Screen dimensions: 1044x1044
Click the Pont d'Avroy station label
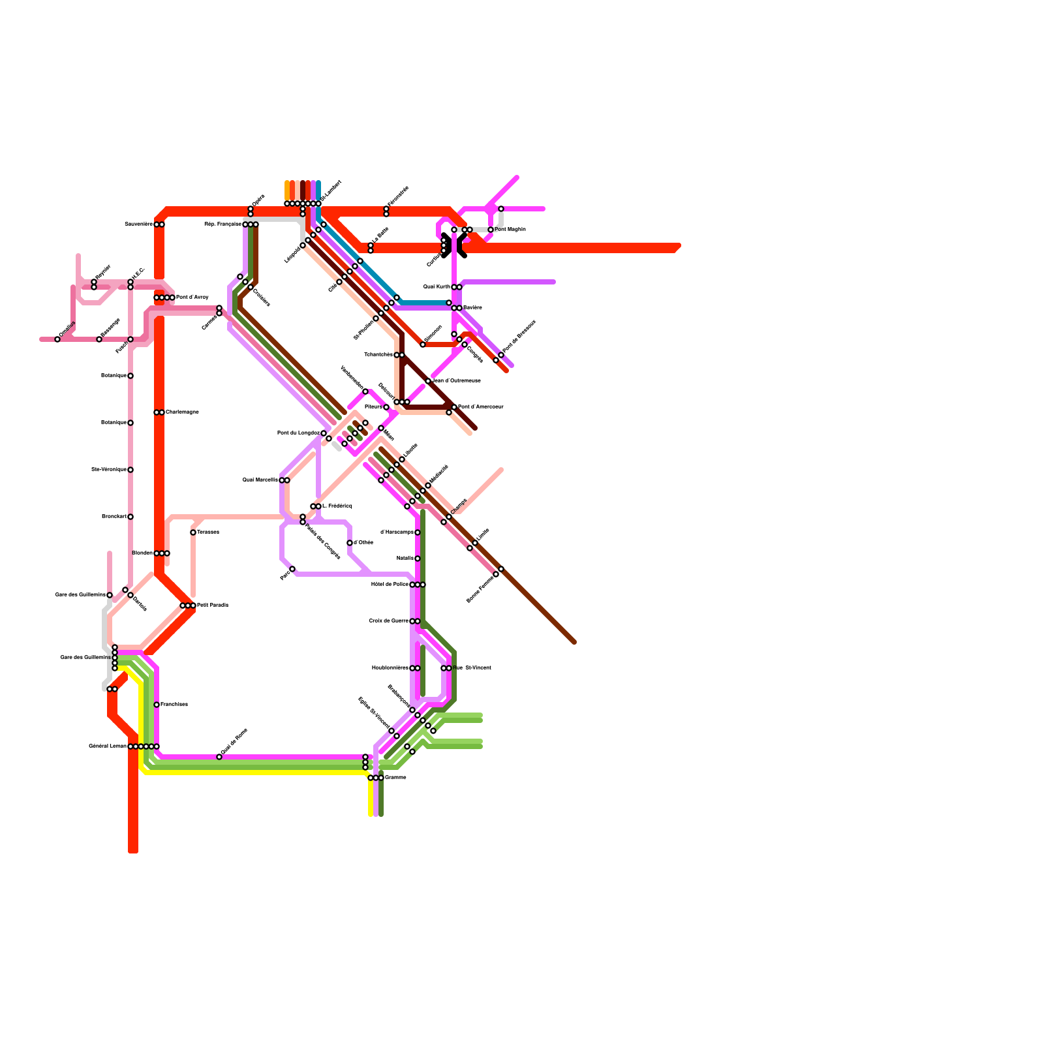tap(192, 298)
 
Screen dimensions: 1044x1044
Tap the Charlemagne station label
tap(182, 412)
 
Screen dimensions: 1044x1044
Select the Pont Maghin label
tap(510, 230)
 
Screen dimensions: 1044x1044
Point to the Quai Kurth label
tap(437, 287)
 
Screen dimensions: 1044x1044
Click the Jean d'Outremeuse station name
tap(457, 381)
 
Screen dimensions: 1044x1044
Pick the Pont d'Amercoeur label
tap(481, 407)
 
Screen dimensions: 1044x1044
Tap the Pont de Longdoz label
tap(298, 433)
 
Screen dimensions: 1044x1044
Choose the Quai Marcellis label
tap(260, 480)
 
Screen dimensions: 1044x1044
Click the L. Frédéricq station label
tap(337, 506)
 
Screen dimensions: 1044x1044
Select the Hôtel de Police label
tap(390, 585)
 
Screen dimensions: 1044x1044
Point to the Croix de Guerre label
tap(389, 621)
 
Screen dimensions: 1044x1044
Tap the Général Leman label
tap(108, 746)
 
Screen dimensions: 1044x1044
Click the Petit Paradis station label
tap(213, 606)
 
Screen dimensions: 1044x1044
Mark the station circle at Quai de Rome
tap(219, 757)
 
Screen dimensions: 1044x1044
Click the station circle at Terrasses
tap(193, 532)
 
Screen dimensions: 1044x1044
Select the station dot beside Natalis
tap(418, 559)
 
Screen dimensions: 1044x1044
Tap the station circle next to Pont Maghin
tap(491, 230)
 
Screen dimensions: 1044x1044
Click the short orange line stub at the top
tap(287, 191)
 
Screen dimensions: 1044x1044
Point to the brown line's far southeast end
tap(574, 642)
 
